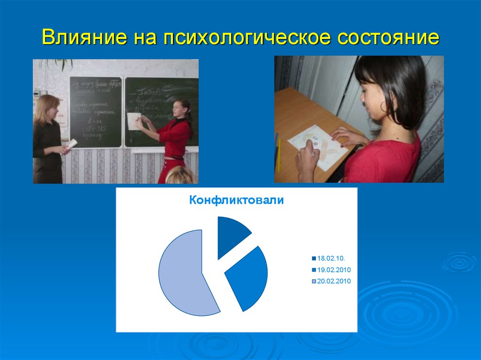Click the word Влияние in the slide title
point(82,38)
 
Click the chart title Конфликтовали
point(236,200)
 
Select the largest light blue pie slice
point(183,272)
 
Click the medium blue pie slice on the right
point(247,277)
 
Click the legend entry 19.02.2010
point(334,270)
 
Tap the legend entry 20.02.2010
point(334,281)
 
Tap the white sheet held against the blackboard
point(135,121)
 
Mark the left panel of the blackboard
point(96,112)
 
